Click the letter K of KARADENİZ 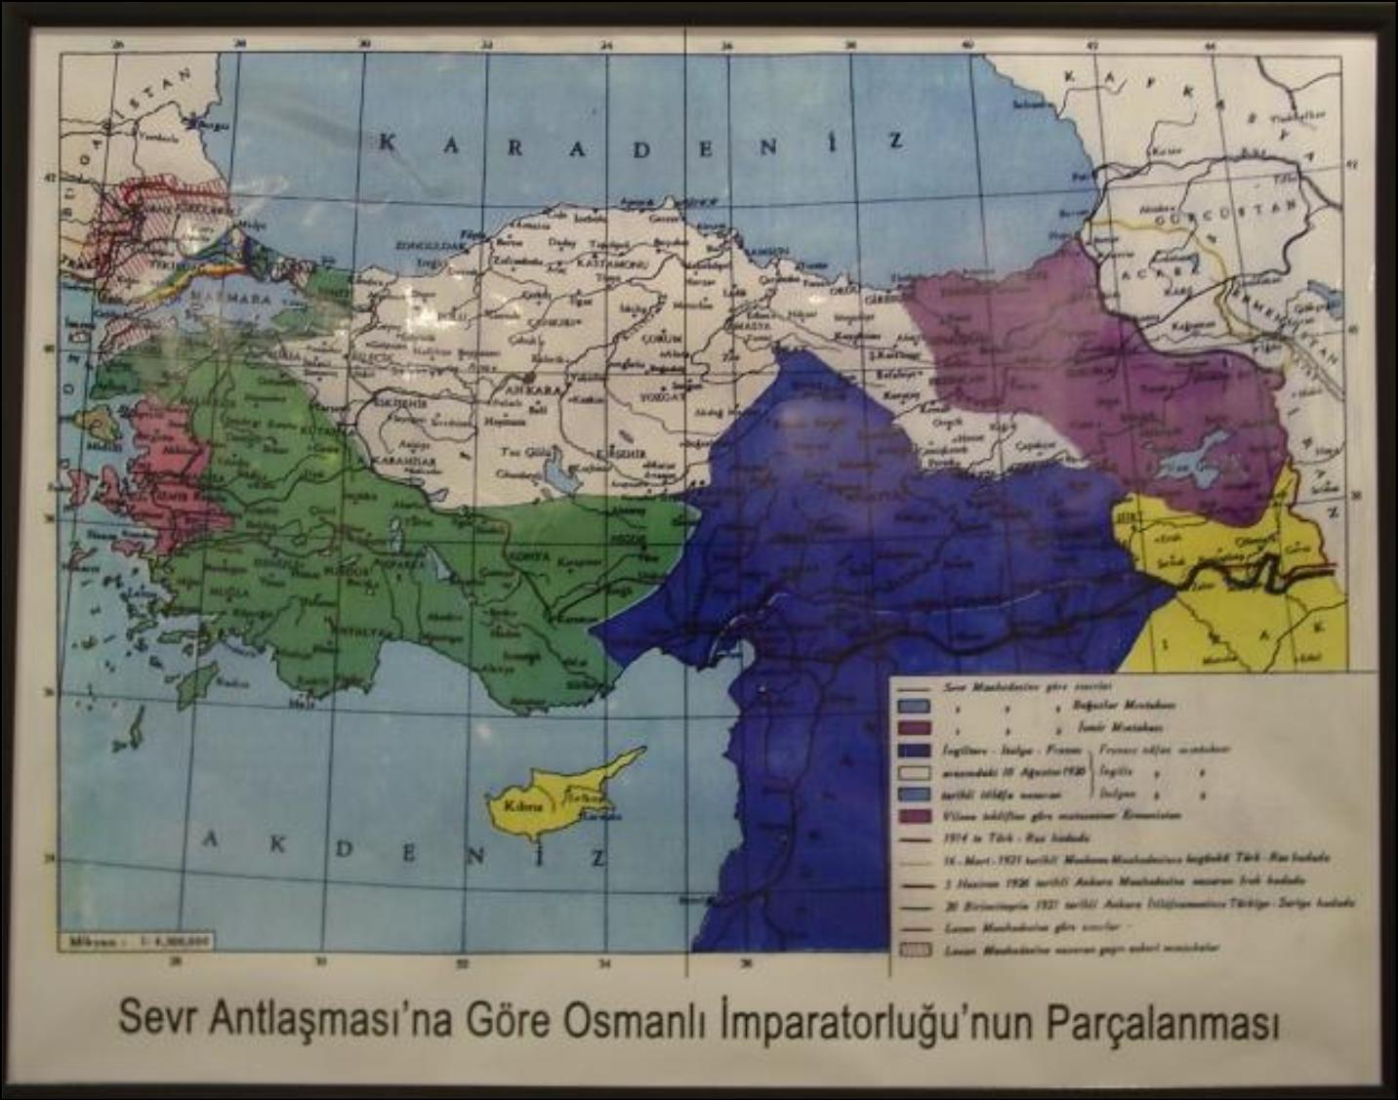387,143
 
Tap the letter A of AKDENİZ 210,839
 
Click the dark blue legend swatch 915,751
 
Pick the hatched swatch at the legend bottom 915,948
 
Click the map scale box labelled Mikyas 136,942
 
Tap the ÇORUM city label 661,337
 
